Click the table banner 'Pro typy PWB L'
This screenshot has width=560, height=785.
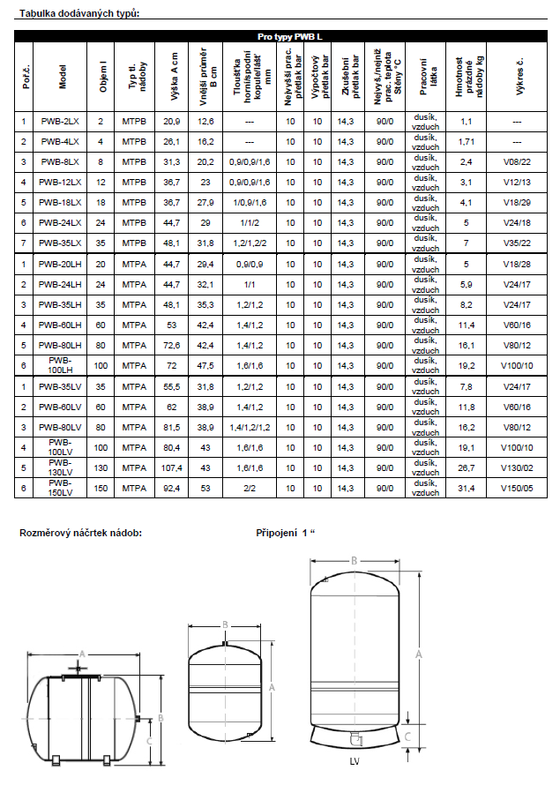click(284, 36)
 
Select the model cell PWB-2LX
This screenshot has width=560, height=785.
click(60, 121)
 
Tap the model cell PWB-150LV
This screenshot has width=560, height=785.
click(60, 488)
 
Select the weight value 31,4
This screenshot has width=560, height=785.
click(467, 488)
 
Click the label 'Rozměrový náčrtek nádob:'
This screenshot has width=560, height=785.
click(81, 533)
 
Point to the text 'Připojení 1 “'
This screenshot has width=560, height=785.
click(285, 533)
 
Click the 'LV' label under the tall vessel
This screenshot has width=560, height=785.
click(353, 760)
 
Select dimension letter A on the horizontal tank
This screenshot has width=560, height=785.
click(82, 653)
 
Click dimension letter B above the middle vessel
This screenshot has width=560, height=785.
click(226, 624)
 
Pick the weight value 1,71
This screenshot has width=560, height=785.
click(467, 141)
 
